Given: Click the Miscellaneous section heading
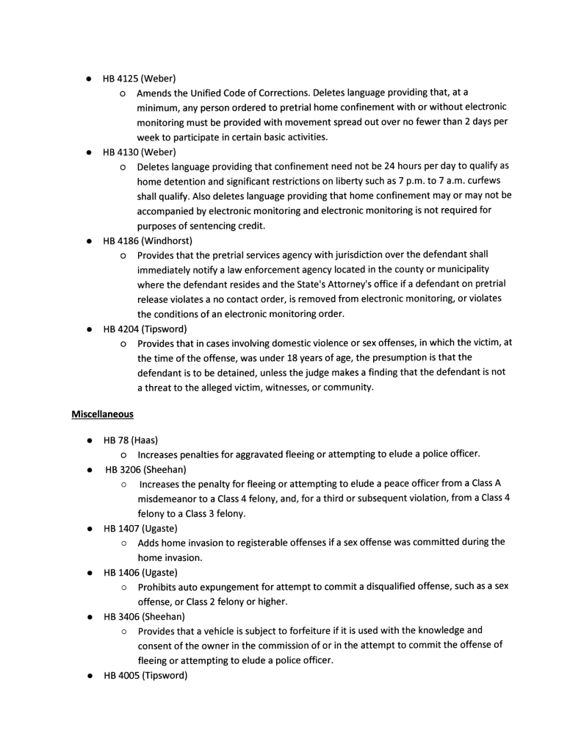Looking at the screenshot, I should click(x=102, y=414).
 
